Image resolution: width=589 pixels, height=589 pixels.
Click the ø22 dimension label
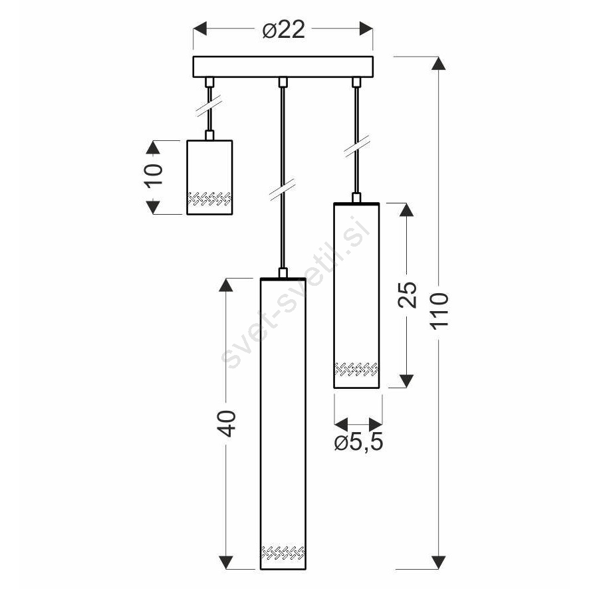coord(283,30)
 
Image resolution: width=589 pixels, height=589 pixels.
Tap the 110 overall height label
coord(439,311)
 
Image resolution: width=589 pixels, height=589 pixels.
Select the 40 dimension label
coord(227,423)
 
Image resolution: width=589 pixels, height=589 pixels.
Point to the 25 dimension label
coord(407,294)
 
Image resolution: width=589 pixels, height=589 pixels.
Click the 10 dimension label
coord(154,174)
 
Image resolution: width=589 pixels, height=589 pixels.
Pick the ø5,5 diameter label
coord(358,442)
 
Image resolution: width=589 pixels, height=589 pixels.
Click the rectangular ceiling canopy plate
coord(283,67)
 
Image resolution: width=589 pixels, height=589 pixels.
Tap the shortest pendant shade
coord(209,177)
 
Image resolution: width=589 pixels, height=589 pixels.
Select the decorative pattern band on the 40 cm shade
coord(283,552)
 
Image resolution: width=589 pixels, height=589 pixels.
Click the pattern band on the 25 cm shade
coord(356,369)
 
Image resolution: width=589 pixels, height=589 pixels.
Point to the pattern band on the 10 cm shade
coord(209,199)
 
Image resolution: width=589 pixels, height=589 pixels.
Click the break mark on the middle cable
coord(283,189)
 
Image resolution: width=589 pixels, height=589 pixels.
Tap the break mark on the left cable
coord(209,106)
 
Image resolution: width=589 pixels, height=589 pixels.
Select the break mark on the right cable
coord(356,146)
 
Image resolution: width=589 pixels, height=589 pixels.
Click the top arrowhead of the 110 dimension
coord(438,63)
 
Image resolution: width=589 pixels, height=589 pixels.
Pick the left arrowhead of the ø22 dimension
coord(200,29)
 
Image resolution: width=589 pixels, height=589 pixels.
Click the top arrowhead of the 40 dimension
coord(225,285)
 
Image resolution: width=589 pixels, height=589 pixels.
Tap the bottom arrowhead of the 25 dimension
coord(406,381)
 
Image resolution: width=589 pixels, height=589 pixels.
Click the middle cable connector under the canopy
coord(283,82)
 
